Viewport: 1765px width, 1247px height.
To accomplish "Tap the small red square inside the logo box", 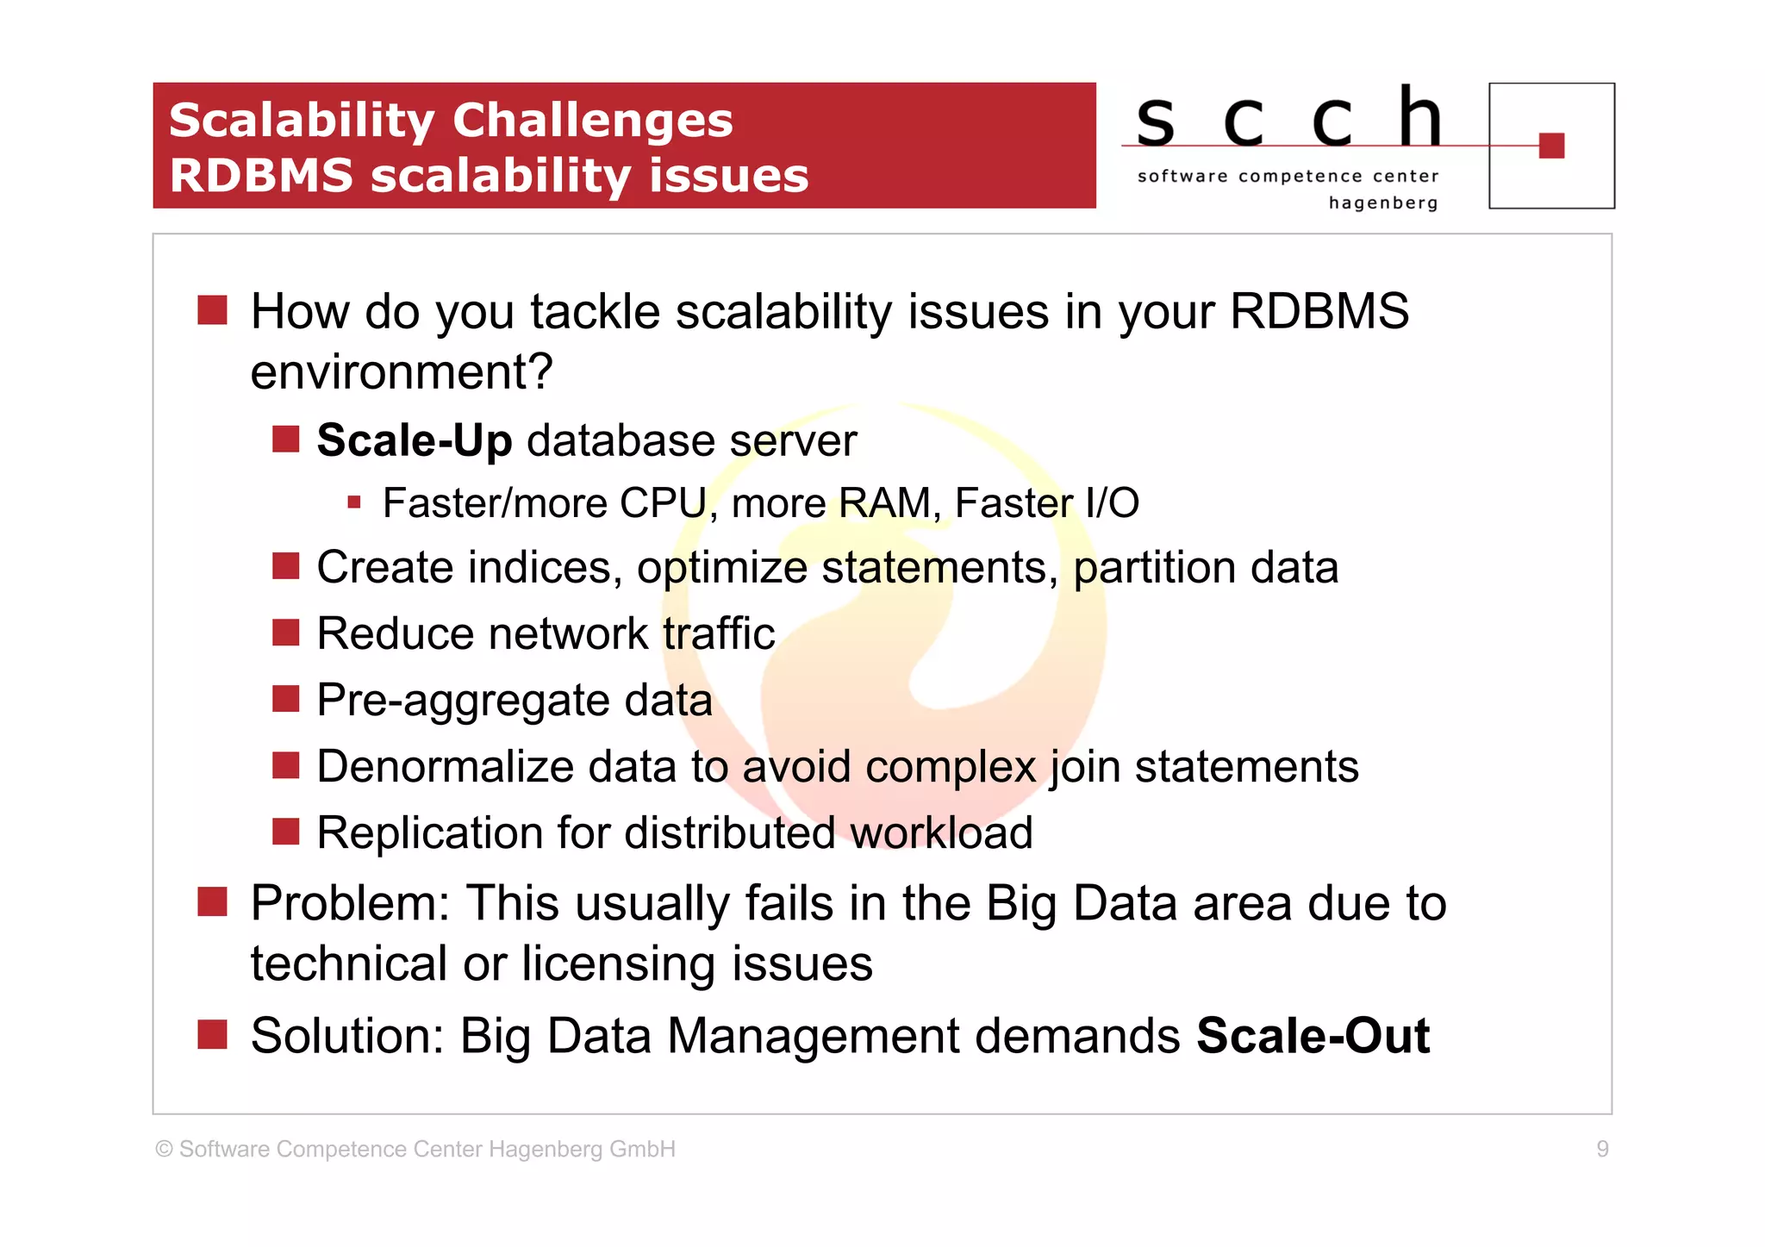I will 1550,146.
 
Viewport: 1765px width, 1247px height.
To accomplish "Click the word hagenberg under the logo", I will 1382,203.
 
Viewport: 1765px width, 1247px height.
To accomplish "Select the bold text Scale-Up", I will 415,440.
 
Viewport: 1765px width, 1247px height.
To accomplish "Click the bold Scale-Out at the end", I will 1313,1035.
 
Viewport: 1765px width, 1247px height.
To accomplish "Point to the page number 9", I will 1602,1149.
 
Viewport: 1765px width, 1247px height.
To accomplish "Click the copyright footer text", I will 415,1149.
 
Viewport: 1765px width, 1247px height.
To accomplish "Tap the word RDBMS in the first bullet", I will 1319,311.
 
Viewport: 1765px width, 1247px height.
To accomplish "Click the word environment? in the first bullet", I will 402,372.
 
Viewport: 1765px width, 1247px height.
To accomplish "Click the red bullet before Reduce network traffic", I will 285,633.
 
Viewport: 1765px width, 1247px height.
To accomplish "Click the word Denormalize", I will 445,766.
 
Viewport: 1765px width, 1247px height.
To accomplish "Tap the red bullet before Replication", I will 285,832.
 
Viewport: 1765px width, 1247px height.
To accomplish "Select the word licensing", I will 618,963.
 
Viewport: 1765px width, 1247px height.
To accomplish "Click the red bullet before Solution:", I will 212,1034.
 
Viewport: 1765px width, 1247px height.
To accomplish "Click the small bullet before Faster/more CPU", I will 353,502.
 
